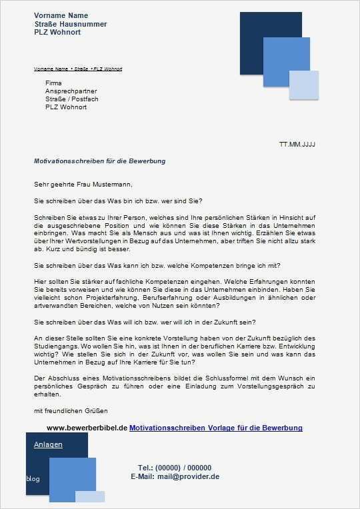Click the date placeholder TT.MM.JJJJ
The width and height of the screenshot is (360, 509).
[x=297, y=144]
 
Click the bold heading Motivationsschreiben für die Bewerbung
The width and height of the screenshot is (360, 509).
[x=99, y=161]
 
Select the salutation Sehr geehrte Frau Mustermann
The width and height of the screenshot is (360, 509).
[x=83, y=184]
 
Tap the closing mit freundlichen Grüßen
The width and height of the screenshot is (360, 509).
[x=71, y=410]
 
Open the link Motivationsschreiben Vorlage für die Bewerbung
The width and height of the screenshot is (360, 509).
[x=216, y=428]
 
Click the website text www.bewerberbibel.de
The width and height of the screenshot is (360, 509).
[x=87, y=428]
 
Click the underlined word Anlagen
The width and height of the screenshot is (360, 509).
[x=48, y=444]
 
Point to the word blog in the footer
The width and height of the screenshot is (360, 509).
[x=33, y=479]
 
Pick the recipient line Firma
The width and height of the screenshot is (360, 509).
[x=53, y=83]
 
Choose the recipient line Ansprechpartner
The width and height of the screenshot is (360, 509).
[x=71, y=91]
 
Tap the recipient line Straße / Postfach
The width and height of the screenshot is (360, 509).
[x=71, y=99]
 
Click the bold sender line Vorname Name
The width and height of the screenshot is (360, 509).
[x=61, y=15]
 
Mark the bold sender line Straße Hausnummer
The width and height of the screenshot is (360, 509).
[x=71, y=24]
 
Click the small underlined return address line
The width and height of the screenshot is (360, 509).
[x=78, y=69]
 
